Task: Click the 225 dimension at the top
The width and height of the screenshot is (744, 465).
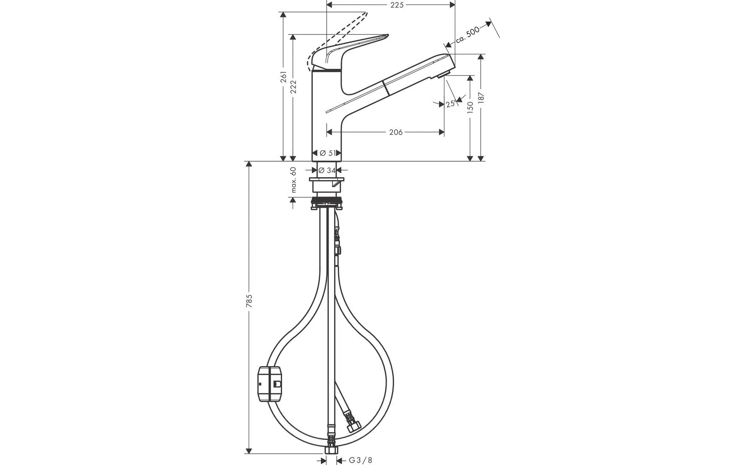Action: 397,5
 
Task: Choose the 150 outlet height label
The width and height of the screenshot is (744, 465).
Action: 470,107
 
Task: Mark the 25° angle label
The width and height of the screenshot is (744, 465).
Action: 451,103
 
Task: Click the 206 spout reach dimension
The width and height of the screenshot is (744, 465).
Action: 396,132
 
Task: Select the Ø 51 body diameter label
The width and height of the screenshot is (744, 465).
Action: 327,153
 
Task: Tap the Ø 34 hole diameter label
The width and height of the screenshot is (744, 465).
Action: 327,170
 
